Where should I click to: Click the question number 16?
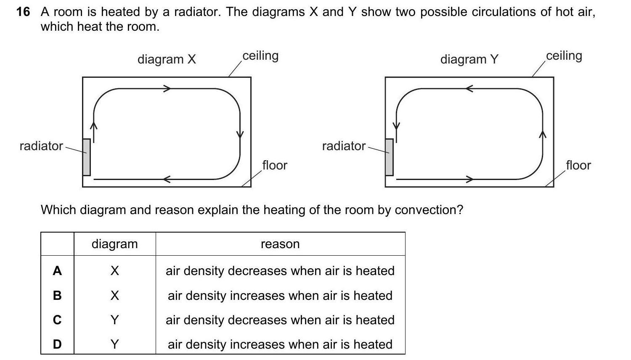(x=23, y=12)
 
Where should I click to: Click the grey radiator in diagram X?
(x=87, y=157)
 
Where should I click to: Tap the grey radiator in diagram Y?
(x=389, y=157)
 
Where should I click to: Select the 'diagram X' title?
(x=167, y=59)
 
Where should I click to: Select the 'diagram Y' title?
(x=469, y=59)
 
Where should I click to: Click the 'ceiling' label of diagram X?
(x=260, y=56)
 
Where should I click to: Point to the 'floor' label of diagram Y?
(x=578, y=165)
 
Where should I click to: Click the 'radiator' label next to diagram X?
(x=41, y=146)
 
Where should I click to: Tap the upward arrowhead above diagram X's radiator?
(x=93, y=126)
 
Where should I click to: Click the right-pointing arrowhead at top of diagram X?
(x=167, y=88)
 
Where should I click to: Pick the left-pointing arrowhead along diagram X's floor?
(x=167, y=179)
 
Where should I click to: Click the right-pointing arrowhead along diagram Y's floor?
(x=469, y=179)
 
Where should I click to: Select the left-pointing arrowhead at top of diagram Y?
(x=469, y=88)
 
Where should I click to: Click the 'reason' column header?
(x=280, y=244)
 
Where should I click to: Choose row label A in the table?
(x=57, y=271)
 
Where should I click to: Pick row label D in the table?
(x=57, y=344)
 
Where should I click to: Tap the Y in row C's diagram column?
(x=115, y=320)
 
